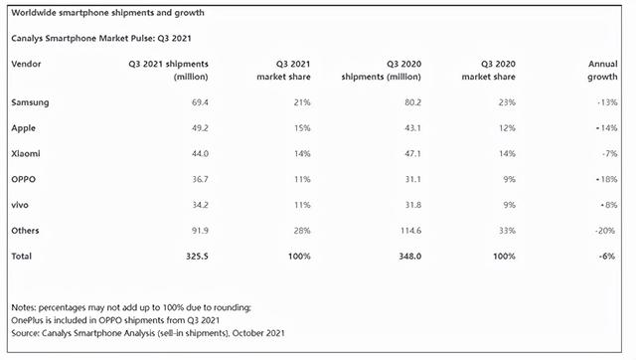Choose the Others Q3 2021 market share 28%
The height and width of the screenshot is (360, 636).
coord(300,231)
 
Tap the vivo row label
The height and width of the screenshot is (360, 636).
coord(21,205)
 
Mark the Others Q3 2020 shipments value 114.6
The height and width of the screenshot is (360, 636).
coord(405,231)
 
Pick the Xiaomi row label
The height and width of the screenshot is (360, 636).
coord(26,154)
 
